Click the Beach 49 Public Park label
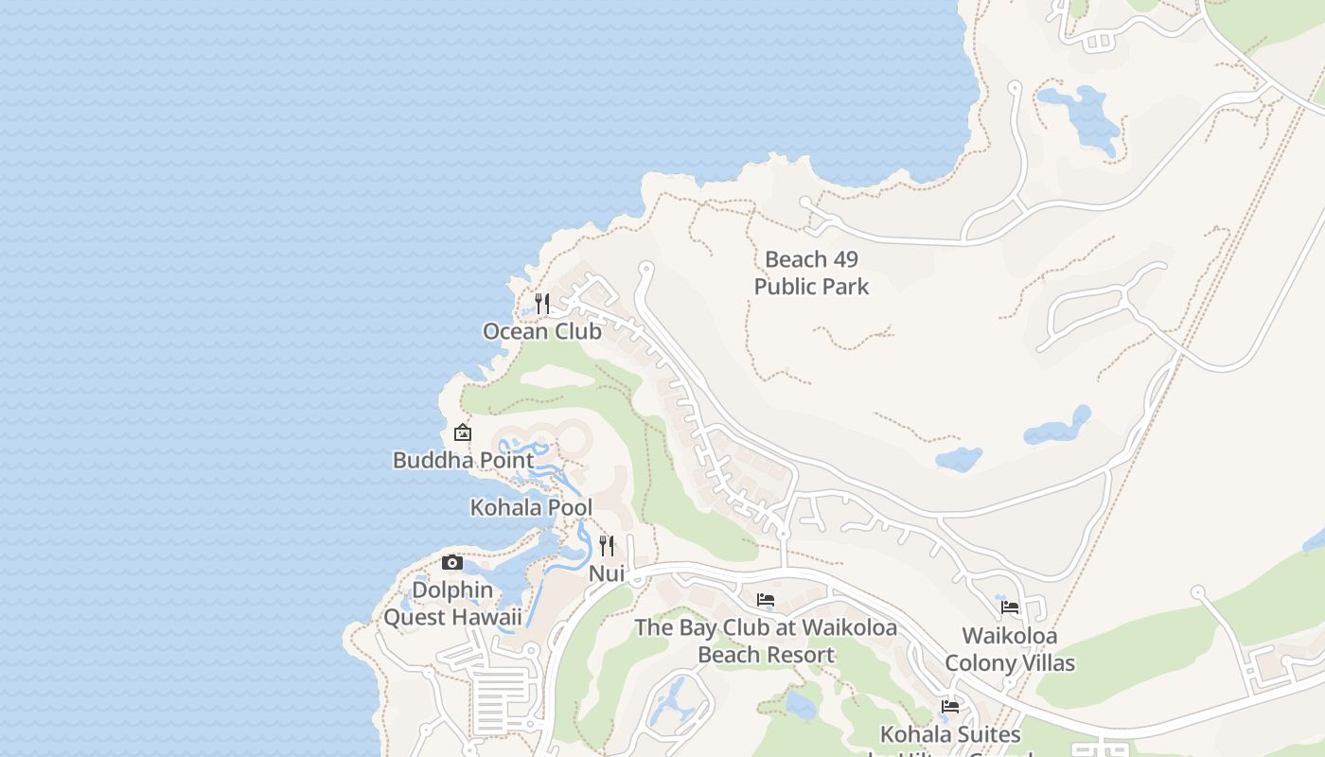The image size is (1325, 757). tap(811, 273)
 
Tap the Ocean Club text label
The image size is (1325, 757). tap(542, 331)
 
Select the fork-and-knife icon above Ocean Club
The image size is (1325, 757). tap(542, 303)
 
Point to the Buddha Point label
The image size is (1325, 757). tap(463, 460)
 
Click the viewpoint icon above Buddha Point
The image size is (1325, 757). tap(463, 432)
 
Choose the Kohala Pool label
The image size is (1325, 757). tap(531, 507)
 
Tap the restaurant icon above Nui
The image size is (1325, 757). tap(607, 546)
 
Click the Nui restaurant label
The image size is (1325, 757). tap(607, 573)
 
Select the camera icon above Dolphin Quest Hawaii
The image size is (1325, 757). tap(452, 563)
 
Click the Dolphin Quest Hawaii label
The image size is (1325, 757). tap(452, 604)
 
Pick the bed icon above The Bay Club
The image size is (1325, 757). tap(766, 600)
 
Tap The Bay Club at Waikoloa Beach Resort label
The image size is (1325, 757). tap(766, 641)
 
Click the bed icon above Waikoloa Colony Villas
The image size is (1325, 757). tap(1010, 607)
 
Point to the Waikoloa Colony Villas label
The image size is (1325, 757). tap(1010, 649)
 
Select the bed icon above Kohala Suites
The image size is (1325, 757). tap(950, 707)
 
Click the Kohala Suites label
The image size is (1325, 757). tap(950, 734)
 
